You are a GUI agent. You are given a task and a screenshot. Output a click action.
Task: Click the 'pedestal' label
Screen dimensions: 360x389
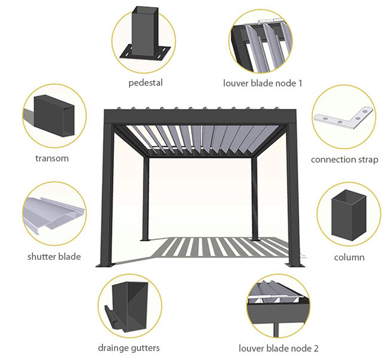coord(145,82)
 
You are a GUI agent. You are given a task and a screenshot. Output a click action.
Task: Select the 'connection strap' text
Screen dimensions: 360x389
coord(344,160)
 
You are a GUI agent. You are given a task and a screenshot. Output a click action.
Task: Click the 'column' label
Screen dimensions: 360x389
coord(349,257)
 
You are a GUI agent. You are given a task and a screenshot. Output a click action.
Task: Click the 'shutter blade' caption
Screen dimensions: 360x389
coord(54,257)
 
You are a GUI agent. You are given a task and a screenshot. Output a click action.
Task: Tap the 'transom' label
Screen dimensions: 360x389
coord(52,159)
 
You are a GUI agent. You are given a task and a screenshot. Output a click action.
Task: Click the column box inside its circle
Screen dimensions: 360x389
coord(349,214)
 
